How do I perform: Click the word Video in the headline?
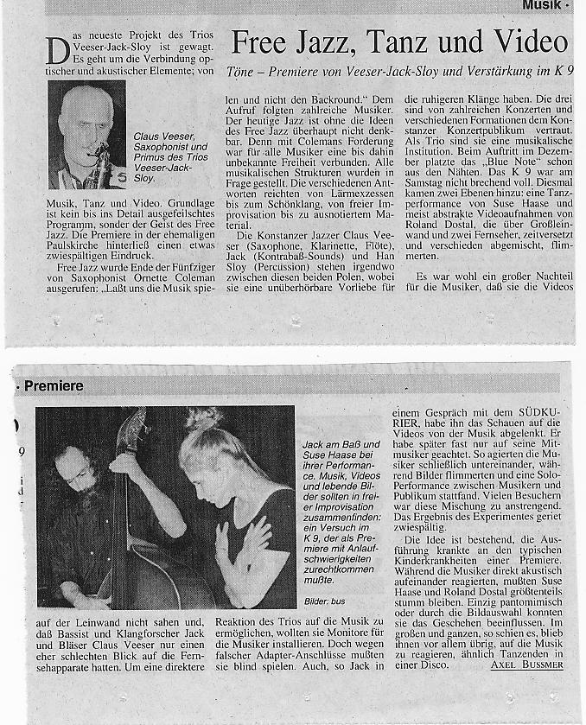pyautogui.click(x=532, y=41)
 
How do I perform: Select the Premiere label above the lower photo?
pyautogui.click(x=54, y=386)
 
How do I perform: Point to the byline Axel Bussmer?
pyautogui.click(x=527, y=665)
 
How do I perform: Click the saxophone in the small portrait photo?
pyautogui.click(x=103, y=169)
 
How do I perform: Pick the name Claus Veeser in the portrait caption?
pyautogui.click(x=164, y=137)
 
